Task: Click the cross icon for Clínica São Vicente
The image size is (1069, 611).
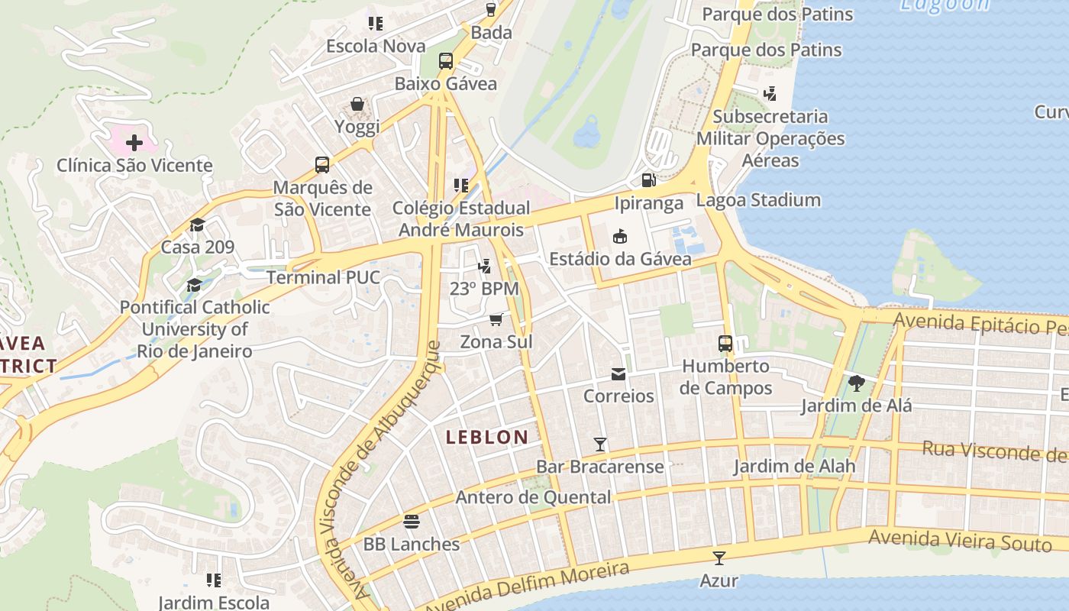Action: click(134, 143)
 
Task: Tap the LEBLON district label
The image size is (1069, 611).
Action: click(487, 438)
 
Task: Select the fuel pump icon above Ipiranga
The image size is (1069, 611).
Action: click(648, 180)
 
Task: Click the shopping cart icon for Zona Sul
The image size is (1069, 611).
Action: click(496, 318)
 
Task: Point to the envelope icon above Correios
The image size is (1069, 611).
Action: click(618, 373)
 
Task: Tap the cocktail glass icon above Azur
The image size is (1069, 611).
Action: click(719, 558)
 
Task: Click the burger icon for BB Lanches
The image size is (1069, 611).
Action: click(412, 522)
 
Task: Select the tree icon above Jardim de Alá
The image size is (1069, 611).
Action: click(856, 383)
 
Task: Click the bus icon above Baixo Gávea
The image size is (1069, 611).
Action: click(445, 61)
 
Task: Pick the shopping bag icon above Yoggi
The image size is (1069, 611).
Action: click(357, 104)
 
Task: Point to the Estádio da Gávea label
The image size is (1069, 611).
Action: click(620, 259)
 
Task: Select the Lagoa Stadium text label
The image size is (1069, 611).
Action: click(758, 200)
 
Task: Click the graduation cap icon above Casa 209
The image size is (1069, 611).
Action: click(197, 225)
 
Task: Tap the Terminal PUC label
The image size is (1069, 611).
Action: click(322, 277)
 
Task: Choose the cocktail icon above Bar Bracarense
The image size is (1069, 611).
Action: click(600, 444)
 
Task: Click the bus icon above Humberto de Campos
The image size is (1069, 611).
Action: click(725, 344)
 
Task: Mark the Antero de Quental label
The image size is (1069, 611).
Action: click(533, 497)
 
